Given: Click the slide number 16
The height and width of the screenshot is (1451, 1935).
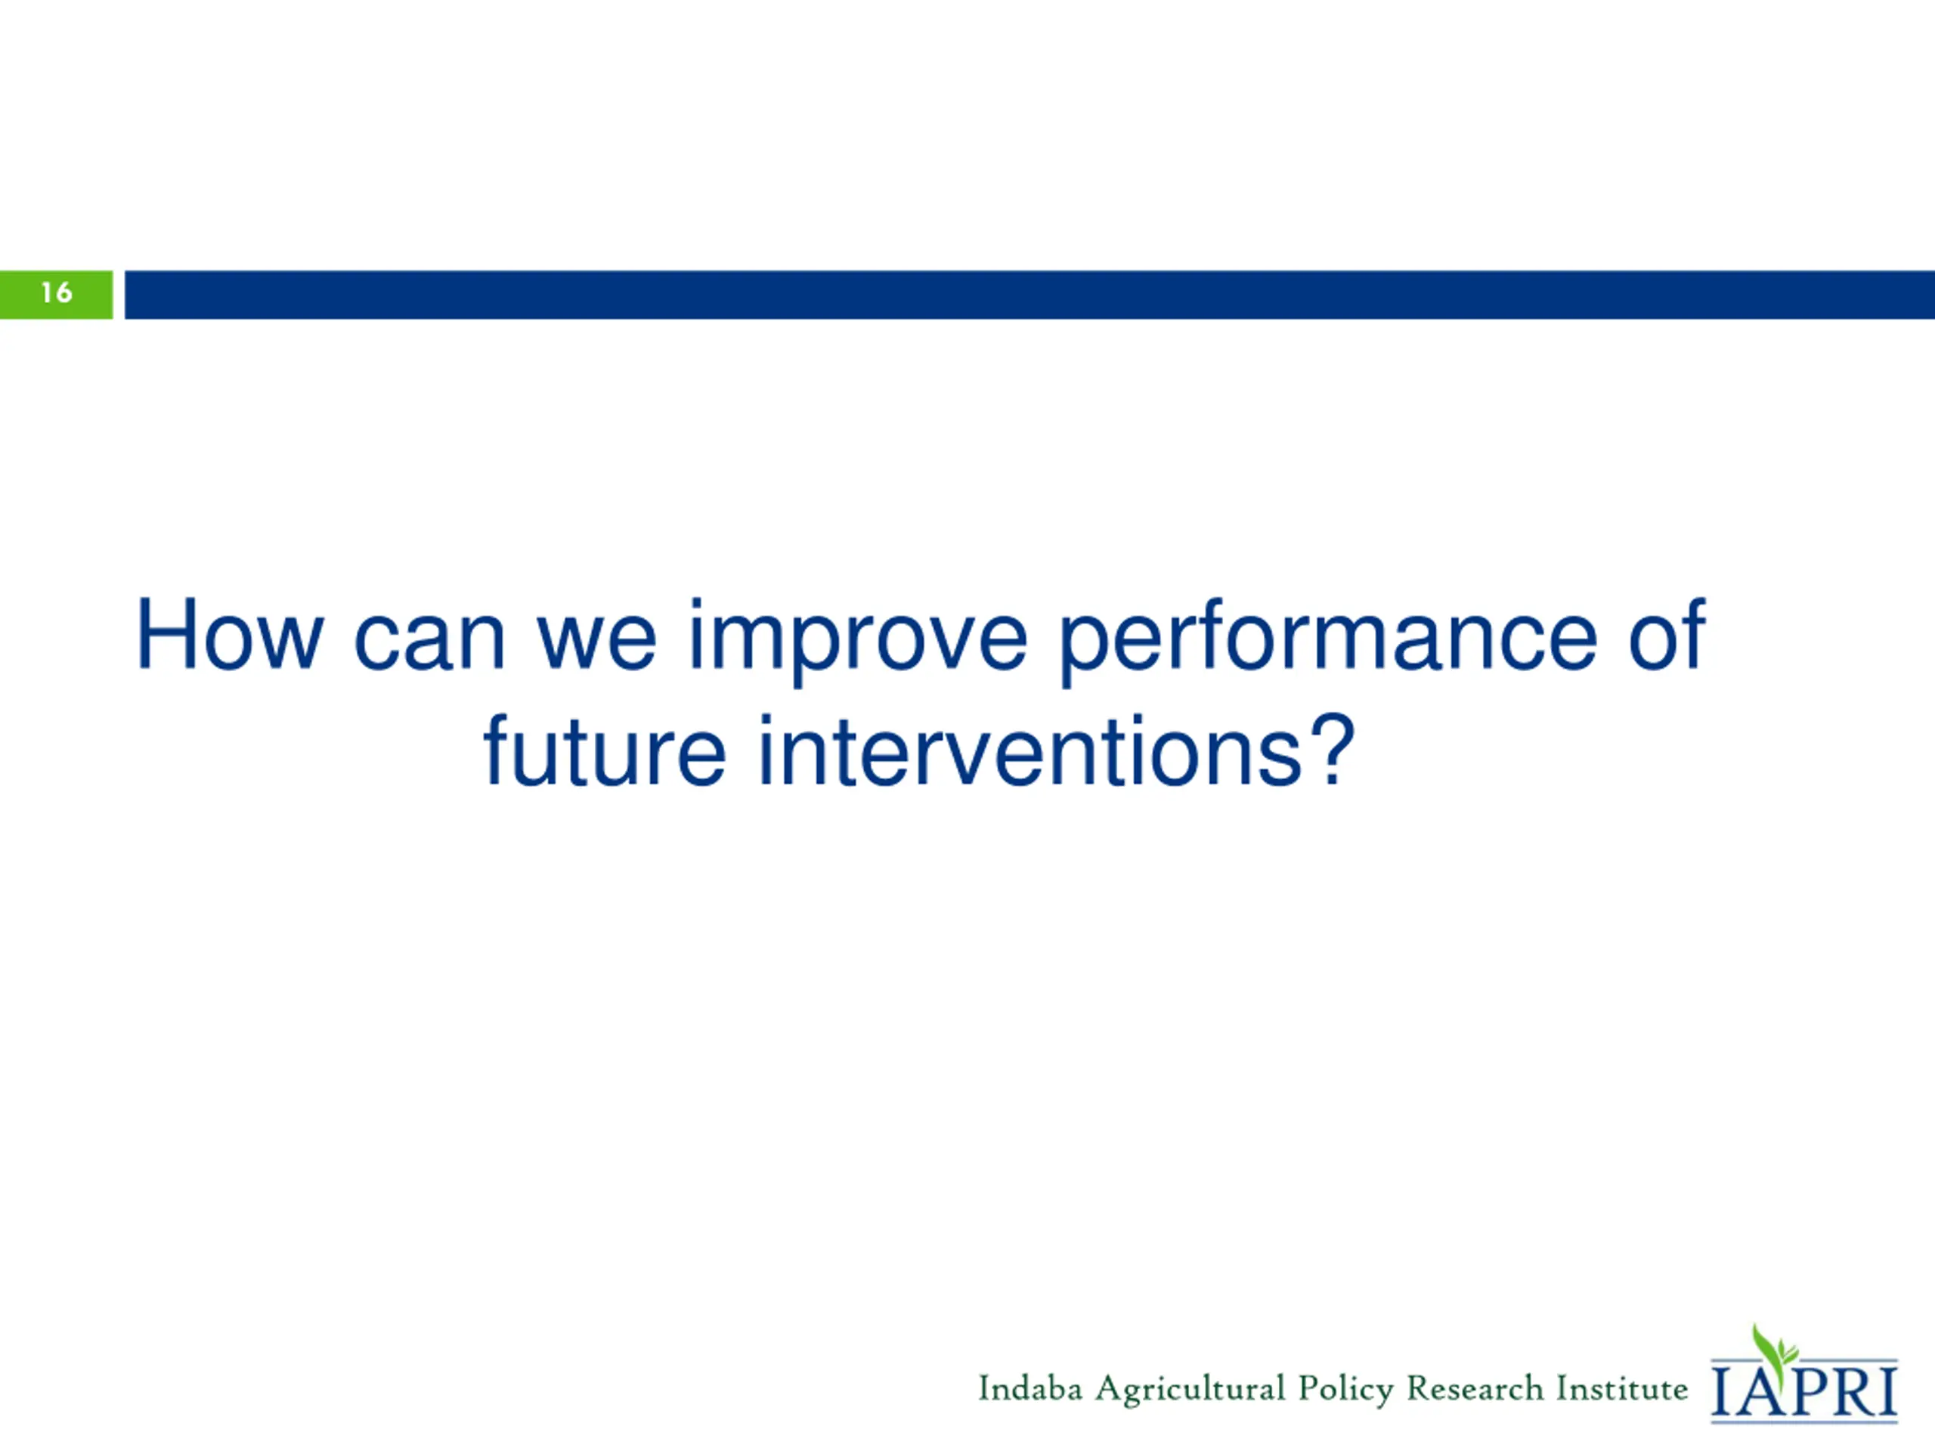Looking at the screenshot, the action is [x=57, y=292].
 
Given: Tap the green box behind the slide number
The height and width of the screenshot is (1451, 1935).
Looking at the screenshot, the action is [x=56, y=295].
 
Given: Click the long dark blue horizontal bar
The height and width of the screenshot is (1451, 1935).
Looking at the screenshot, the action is [x=1029, y=295].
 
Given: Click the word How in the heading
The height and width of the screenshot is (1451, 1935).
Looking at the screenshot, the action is [x=230, y=636].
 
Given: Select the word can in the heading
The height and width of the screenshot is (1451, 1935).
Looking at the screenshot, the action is [x=429, y=645].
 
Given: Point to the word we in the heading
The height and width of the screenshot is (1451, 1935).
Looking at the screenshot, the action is [x=596, y=645].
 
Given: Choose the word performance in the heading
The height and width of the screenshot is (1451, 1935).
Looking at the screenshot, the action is [x=1328, y=643].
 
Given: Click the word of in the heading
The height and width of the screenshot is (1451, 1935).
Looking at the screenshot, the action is [x=1667, y=635].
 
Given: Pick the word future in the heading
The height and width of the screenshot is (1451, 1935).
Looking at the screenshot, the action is [x=605, y=751].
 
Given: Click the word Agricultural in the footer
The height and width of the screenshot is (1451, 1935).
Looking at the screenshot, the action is [x=1190, y=1391].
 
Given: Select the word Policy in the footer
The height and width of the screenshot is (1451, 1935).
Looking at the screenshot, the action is [x=1345, y=1391].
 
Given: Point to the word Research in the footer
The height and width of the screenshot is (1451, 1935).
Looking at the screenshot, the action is [x=1475, y=1388].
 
